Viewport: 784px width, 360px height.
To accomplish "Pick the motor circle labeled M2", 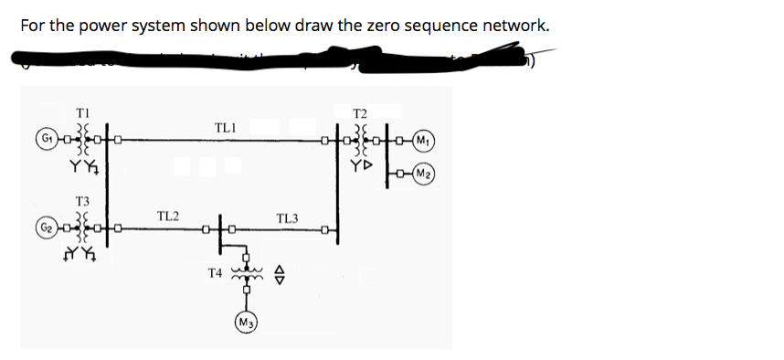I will click(x=422, y=175).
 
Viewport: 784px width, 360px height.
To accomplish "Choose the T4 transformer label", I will click(x=215, y=271).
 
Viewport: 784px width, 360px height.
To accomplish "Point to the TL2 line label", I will click(x=166, y=216).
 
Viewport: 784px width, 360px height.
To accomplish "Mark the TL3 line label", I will click(x=287, y=217).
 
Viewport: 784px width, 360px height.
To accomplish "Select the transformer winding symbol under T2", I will click(x=360, y=140).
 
